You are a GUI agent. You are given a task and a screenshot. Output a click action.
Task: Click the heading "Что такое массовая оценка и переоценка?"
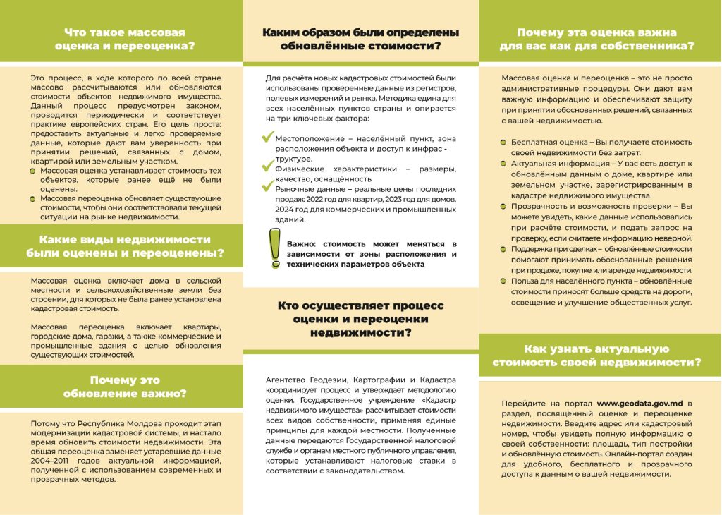click(x=124, y=40)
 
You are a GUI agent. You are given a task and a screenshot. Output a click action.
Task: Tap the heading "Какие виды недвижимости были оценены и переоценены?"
click(x=124, y=246)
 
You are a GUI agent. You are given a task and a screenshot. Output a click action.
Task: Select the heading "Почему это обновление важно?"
click(x=124, y=387)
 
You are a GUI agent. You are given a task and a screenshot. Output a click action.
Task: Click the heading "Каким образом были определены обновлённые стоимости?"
click(x=360, y=40)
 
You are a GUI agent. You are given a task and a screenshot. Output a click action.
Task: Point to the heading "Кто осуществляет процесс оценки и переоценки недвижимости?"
click(x=360, y=319)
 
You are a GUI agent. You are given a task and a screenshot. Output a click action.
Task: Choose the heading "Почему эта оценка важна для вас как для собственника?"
click(x=596, y=40)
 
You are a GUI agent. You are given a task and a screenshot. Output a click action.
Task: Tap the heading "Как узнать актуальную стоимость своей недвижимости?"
click(x=596, y=356)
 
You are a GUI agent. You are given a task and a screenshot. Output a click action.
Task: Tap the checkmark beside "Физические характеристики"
click(x=267, y=166)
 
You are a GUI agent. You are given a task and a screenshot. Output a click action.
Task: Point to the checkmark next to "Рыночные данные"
click(x=267, y=187)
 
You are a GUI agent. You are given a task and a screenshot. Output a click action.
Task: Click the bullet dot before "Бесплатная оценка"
click(x=503, y=143)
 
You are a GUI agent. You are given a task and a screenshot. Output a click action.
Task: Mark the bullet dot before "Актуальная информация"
click(x=503, y=163)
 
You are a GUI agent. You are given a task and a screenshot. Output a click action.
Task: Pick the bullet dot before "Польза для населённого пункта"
click(x=503, y=281)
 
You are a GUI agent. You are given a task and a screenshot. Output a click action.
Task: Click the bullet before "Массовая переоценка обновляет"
click(x=33, y=199)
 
